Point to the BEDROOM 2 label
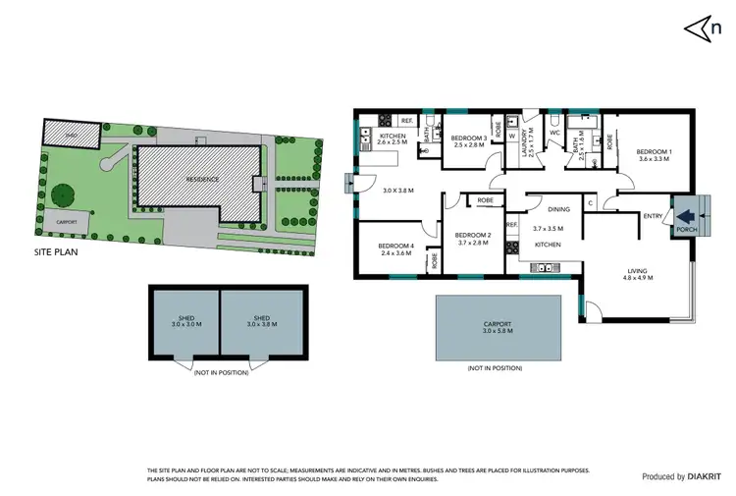pyautogui.click(x=473, y=239)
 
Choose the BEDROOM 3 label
pyautogui.click(x=468, y=141)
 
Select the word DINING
pyautogui.click(x=558, y=209)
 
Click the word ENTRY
pyautogui.click(x=652, y=216)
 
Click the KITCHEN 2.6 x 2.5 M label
pyautogui.click(x=393, y=139)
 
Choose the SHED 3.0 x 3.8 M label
pyautogui.click(x=259, y=321)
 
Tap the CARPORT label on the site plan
pyautogui.click(x=67, y=222)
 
